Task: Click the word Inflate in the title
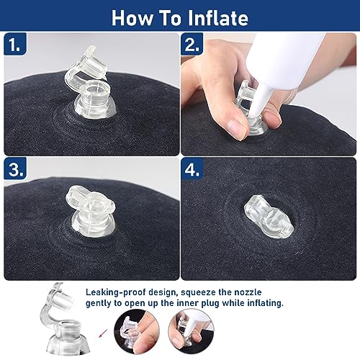coord(217,18)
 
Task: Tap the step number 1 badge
coord(15,45)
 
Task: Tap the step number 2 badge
coord(192,45)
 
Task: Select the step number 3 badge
coord(15,168)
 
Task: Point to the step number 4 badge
coord(192,169)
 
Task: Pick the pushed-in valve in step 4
coord(269,217)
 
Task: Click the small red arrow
coord(103,333)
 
